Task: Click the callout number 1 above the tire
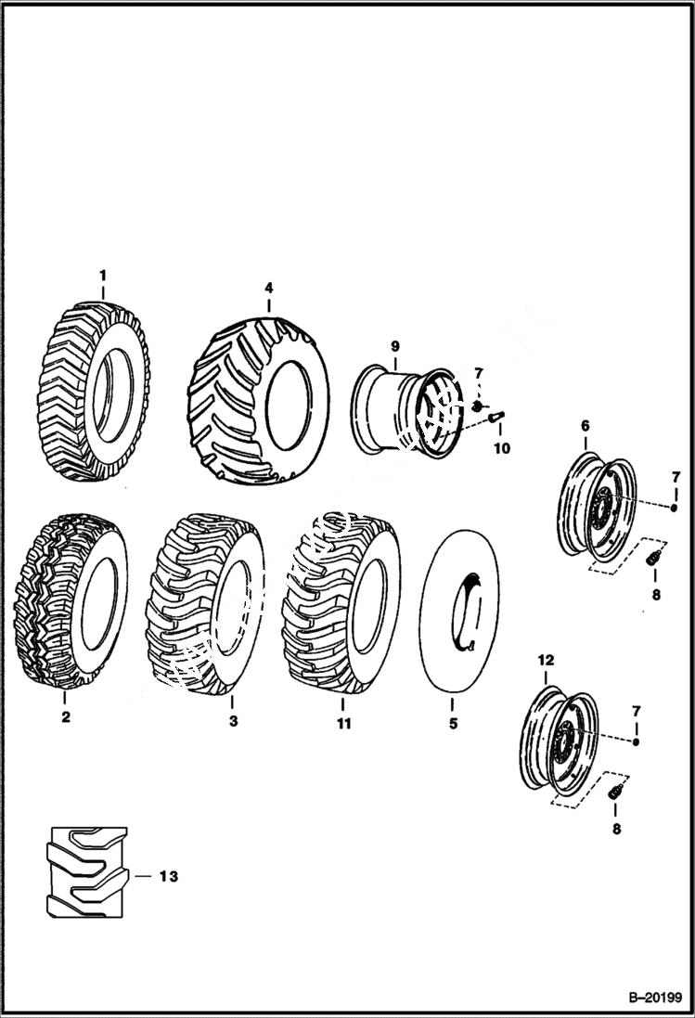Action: coord(103,275)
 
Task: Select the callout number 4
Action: coord(268,288)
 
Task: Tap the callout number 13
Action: coord(167,876)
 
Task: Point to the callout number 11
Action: coord(343,723)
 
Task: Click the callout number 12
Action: coord(546,660)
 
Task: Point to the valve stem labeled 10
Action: coord(496,418)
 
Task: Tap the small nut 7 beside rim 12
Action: coord(637,742)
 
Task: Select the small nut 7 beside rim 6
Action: coord(675,508)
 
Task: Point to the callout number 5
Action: coord(453,723)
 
